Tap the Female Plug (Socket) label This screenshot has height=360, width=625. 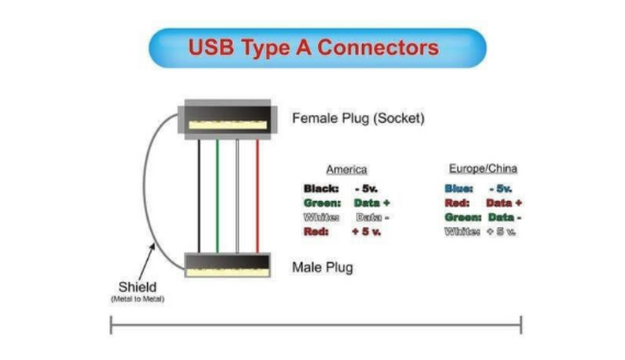click(x=358, y=119)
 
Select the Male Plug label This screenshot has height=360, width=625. click(x=322, y=268)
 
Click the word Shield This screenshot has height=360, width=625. click(x=137, y=286)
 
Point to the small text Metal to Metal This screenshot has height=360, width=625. click(x=137, y=299)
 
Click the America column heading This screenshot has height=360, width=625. click(x=346, y=170)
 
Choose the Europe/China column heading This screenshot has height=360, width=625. click(x=483, y=168)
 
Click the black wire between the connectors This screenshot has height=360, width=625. click(x=199, y=196)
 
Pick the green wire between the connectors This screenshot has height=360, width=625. click(x=217, y=196)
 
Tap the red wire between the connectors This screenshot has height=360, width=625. click(x=257, y=196)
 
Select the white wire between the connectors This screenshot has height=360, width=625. click(x=238, y=196)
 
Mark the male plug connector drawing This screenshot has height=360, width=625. click(x=227, y=265)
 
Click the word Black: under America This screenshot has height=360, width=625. click(x=321, y=189)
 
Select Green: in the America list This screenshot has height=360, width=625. click(x=321, y=203)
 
